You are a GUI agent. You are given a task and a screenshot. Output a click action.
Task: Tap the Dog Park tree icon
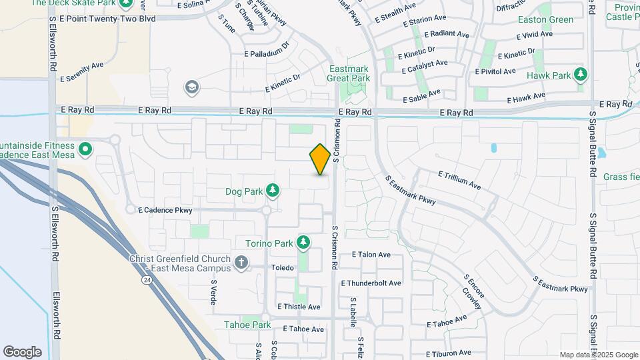tap(273, 191)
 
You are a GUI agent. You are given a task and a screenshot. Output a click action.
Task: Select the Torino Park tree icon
tap(304, 242)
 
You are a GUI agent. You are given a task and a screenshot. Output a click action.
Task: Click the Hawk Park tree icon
tap(581, 75)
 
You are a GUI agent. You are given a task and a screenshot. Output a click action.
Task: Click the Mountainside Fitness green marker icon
tap(85, 149)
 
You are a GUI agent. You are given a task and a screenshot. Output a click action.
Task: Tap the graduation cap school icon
tap(192, 87)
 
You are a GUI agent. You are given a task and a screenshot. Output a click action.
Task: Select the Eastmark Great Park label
tap(348, 73)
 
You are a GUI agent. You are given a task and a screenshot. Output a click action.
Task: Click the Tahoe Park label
tap(247, 325)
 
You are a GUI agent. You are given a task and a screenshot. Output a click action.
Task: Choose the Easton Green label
tap(545, 19)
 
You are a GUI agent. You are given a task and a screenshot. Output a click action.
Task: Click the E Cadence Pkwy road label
tap(165, 210)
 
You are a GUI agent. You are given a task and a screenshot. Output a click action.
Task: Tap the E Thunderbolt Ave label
tap(371, 283)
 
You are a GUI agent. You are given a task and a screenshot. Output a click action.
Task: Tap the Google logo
tap(23, 351)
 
